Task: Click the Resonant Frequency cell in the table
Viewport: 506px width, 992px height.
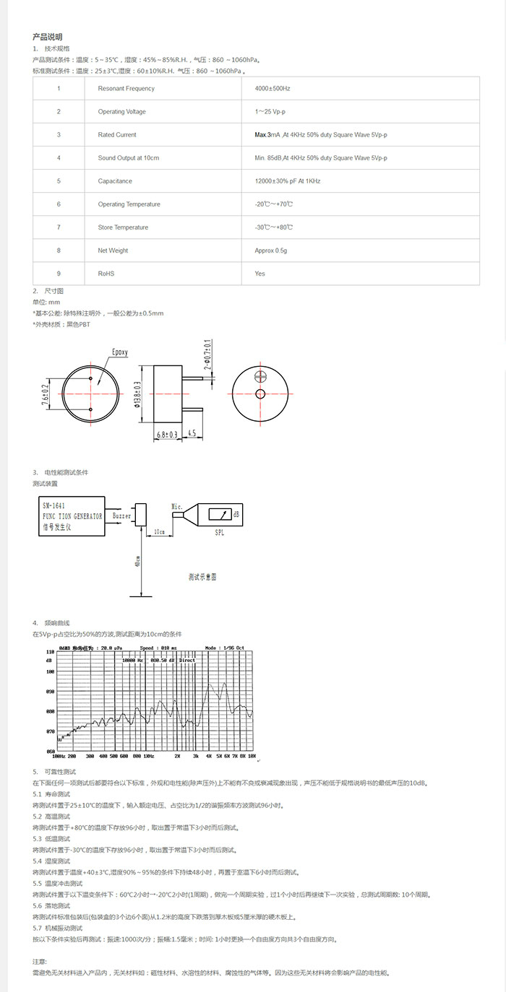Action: pyautogui.click(x=126, y=89)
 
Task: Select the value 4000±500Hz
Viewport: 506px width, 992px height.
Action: pyautogui.click(x=273, y=89)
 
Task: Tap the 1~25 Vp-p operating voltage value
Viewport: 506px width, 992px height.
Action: pyautogui.click(x=271, y=112)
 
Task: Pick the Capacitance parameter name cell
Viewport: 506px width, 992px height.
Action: pyautogui.click(x=115, y=181)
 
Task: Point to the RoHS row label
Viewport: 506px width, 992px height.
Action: pyautogui.click(x=106, y=274)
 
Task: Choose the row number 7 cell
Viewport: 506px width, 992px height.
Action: pyautogui.click(x=59, y=227)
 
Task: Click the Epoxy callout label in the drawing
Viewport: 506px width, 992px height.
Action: pyautogui.click(x=119, y=352)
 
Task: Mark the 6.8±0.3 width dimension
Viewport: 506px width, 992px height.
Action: pyautogui.click(x=168, y=434)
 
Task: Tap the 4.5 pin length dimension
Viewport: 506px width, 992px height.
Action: pyautogui.click(x=192, y=434)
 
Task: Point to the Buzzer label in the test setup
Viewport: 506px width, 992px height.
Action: pyautogui.click(x=122, y=517)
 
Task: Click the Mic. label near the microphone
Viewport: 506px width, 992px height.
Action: pyautogui.click(x=177, y=506)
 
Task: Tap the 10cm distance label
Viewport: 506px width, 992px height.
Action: pyautogui.click(x=158, y=532)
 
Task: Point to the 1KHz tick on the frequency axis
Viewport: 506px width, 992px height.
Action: pyautogui.click(x=147, y=756)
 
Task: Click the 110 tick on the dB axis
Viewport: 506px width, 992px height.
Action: pyautogui.click(x=50, y=651)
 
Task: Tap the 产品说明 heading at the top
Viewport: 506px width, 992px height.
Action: pyautogui.click(x=48, y=37)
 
